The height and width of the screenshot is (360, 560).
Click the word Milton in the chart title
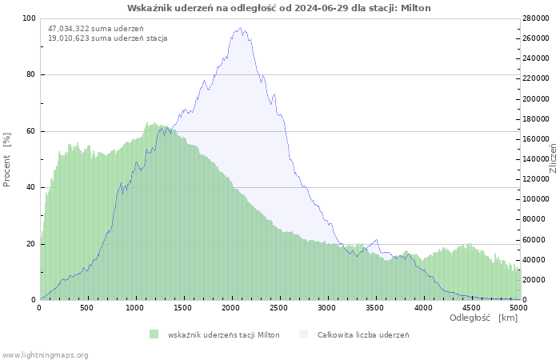416,8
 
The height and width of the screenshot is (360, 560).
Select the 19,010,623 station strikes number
69,38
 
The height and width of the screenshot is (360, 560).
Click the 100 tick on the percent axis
30,18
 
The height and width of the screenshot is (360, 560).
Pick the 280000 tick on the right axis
536,18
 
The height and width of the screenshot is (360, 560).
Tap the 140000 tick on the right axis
536,159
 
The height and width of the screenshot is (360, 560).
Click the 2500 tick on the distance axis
278,308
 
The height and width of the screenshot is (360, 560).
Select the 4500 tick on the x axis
470,308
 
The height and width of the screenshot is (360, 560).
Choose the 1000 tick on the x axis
134,308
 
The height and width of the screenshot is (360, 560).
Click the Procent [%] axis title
6,160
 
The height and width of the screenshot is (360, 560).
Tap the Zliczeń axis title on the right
554,158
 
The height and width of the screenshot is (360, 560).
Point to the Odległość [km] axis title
483,318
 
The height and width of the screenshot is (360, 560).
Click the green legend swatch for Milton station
154,334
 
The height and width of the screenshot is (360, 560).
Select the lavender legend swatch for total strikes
303,334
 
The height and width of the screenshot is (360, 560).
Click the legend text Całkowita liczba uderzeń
363,335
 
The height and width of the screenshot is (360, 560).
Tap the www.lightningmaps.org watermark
45,355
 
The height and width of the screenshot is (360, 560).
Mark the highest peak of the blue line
240,27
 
